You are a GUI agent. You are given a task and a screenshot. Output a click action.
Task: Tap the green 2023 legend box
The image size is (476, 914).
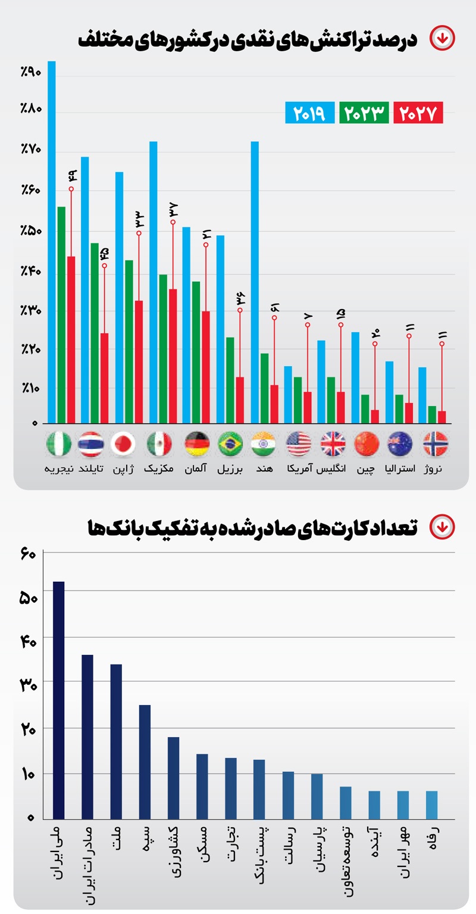click(x=364, y=113)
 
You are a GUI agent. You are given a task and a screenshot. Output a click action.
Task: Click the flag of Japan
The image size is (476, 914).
click(x=123, y=444)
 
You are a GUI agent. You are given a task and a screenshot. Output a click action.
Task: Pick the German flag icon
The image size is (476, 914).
click(x=196, y=444)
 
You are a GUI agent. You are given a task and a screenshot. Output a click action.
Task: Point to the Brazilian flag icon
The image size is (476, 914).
click(x=230, y=444)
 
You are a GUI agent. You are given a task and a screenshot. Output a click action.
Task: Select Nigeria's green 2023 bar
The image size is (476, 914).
click(x=61, y=315)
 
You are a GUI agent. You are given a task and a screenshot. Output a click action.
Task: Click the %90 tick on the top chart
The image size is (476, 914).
click(x=30, y=73)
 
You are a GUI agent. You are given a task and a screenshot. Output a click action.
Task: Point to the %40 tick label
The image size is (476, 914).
click(x=30, y=272)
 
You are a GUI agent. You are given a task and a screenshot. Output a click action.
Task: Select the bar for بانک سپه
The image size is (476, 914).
click(x=145, y=762)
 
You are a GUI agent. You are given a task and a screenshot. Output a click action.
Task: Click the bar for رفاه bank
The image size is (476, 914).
click(x=431, y=805)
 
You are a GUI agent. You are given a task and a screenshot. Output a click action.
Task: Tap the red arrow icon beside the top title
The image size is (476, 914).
click(x=442, y=39)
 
